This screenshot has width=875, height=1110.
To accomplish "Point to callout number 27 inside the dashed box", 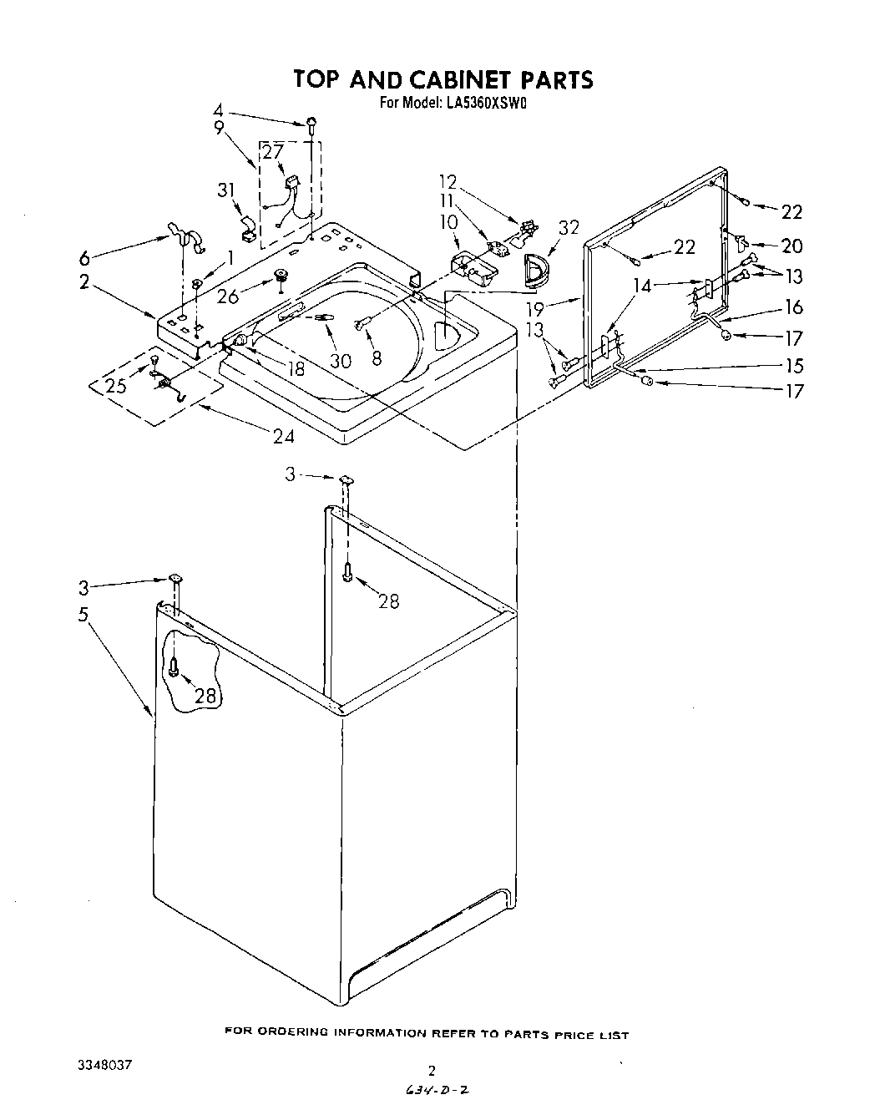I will (273, 152).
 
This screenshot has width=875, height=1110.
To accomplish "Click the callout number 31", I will (225, 190).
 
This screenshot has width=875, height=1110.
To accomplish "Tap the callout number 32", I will (569, 227).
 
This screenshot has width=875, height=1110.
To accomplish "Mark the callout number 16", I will (793, 307).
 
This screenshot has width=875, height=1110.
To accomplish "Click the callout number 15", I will (793, 366).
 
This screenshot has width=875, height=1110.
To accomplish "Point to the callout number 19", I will (534, 307).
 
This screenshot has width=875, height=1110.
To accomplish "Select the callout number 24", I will (285, 434).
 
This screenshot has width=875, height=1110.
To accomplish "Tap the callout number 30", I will (341, 360).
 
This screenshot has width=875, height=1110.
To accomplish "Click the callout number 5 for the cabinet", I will (83, 615).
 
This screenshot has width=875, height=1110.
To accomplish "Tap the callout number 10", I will (449, 222).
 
